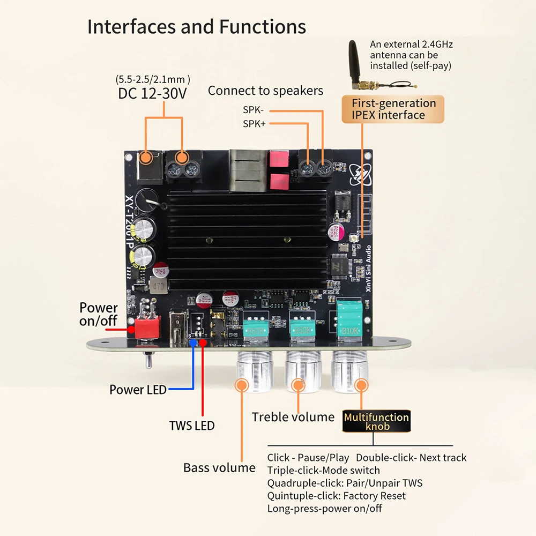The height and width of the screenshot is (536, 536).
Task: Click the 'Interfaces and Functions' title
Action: [x=197, y=26]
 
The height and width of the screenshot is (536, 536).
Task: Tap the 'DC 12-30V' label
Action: [x=152, y=94]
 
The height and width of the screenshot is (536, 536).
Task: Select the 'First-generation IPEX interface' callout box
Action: [x=394, y=109]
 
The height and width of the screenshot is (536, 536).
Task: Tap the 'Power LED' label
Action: [x=138, y=390]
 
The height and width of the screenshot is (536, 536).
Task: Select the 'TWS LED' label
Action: [x=191, y=426]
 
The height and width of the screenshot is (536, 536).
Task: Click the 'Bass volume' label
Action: [x=219, y=467]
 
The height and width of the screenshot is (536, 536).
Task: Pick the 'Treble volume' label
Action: [x=293, y=417]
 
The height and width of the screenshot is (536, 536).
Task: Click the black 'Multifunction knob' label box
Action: [x=376, y=422]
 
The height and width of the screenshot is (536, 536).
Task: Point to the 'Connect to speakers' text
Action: [x=265, y=91]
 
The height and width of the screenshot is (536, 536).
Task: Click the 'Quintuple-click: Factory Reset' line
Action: [x=336, y=496]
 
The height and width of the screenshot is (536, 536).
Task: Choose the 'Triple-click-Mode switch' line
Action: [x=323, y=470]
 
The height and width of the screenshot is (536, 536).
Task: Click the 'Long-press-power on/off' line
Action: [x=324, y=508]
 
